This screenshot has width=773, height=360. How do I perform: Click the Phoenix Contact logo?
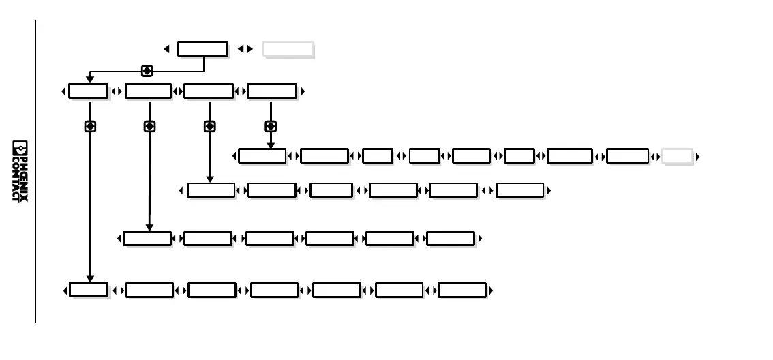[x=20, y=170]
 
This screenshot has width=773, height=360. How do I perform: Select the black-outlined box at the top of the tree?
[x=202, y=48]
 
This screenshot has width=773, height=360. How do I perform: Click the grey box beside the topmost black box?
[x=288, y=48]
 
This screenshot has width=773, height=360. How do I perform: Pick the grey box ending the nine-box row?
[x=678, y=156]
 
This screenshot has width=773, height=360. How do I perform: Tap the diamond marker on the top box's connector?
[x=146, y=70]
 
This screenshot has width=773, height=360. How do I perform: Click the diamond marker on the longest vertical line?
[x=90, y=126]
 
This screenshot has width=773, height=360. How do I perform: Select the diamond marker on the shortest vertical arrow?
[x=271, y=126]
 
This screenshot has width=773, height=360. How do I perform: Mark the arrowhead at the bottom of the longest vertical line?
[x=90, y=278]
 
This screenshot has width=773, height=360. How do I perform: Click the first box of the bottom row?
[x=89, y=290]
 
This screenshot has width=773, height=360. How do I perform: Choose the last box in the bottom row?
[x=461, y=290]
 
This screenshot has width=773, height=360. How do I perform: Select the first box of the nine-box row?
[x=262, y=156]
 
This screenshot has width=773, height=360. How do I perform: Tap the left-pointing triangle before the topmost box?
[x=166, y=49]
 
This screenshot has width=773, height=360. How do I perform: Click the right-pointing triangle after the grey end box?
[x=698, y=157]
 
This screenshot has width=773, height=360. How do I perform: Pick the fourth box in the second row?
[x=271, y=91]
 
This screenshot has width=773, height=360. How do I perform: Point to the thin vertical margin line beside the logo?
[x=35, y=170]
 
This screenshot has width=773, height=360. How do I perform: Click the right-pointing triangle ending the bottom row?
[x=491, y=290]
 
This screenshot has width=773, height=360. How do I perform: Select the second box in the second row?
[x=148, y=91]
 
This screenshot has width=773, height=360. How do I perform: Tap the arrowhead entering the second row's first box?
[x=90, y=80]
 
